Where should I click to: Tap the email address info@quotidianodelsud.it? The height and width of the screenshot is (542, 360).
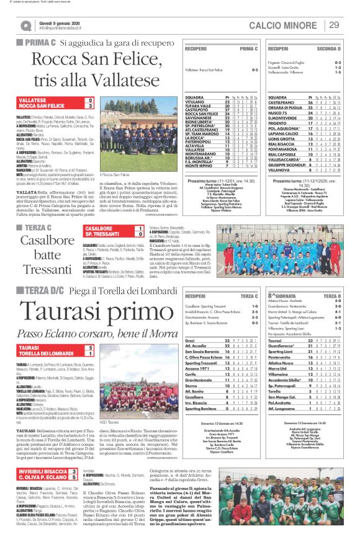(x=59, y=28)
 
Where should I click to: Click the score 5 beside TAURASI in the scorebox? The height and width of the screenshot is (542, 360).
(x=90, y=349)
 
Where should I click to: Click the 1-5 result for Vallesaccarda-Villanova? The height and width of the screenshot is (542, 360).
(x=337, y=73)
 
